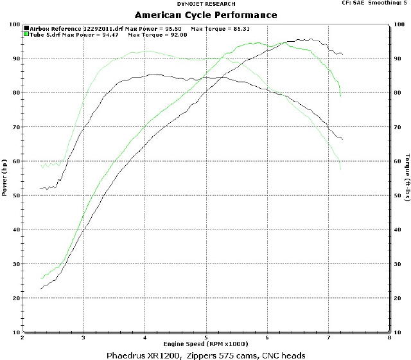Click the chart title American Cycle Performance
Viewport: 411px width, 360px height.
click(x=206, y=15)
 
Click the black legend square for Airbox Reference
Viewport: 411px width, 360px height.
click(x=26, y=29)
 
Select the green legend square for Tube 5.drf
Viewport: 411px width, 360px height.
click(x=26, y=35)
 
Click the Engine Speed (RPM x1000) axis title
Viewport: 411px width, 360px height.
click(x=205, y=345)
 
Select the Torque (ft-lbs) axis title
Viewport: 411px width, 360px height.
click(x=407, y=177)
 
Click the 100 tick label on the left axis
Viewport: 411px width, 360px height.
click(x=14, y=24)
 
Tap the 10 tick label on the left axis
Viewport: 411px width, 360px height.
click(x=16, y=332)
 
